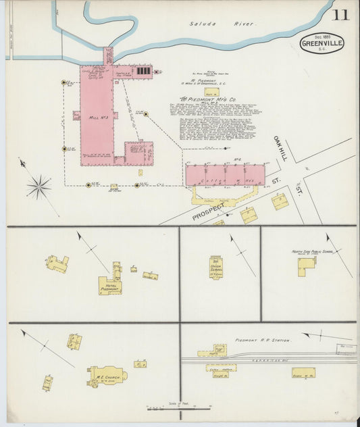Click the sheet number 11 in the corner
pos(340,14)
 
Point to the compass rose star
pos(39,186)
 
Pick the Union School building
pos(215,268)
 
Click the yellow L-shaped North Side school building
pos(306,266)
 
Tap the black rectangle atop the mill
pos(143,70)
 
